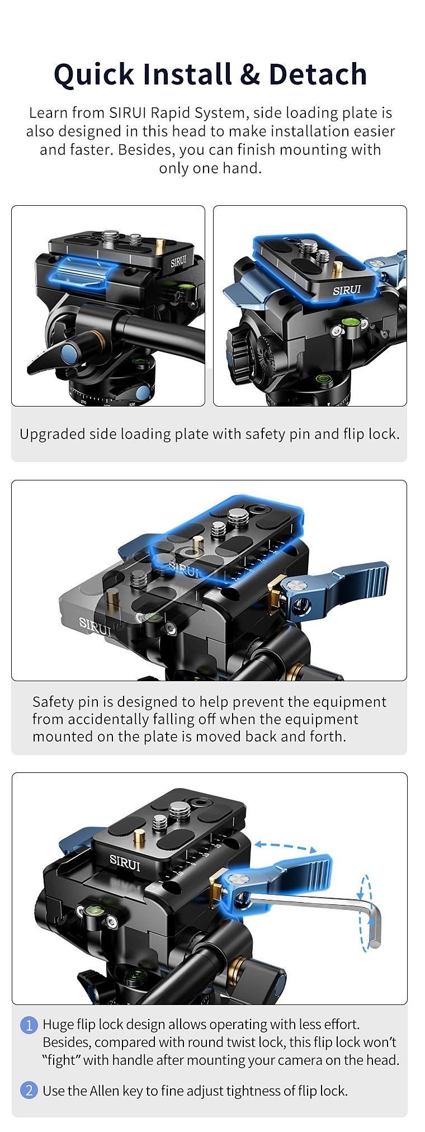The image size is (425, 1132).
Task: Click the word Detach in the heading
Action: (x=318, y=74)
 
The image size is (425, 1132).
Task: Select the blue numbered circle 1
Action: (x=29, y=1025)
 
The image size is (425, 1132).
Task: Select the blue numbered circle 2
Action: (x=29, y=1090)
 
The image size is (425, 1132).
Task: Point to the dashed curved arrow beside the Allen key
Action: (x=366, y=912)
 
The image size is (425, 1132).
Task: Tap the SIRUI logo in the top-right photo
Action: (x=347, y=290)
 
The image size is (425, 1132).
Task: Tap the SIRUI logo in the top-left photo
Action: (x=179, y=261)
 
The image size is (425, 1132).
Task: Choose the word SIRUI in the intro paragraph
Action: (x=128, y=113)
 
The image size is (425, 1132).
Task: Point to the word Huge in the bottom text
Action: (x=58, y=1025)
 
